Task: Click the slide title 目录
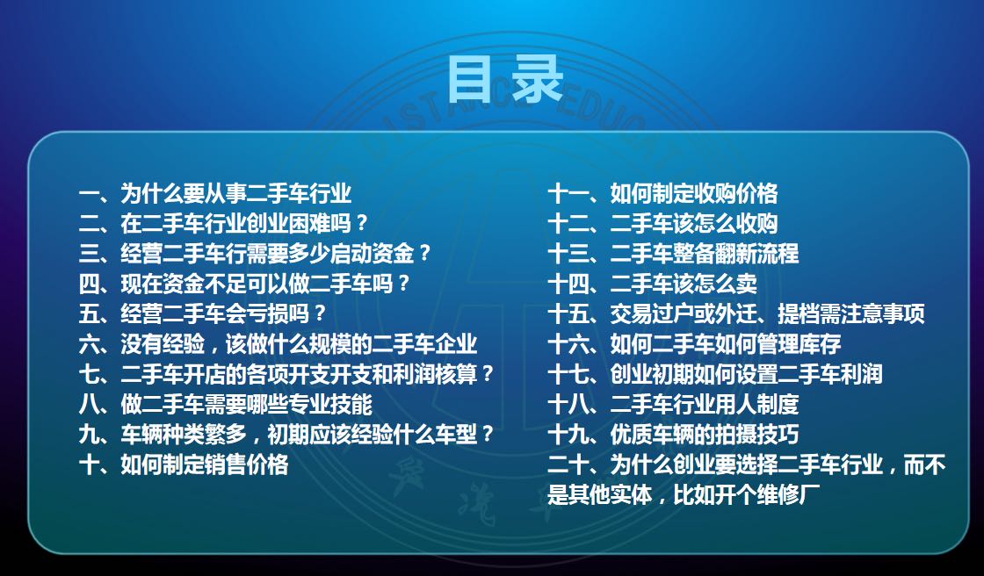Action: pos(504,79)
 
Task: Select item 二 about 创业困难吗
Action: pos(223,223)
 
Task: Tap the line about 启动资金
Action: pos(255,254)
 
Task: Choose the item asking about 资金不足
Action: pos(244,284)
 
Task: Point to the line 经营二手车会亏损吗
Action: pos(203,313)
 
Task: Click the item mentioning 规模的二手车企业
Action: pos(278,344)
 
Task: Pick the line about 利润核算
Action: pos(286,374)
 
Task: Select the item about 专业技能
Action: pos(226,404)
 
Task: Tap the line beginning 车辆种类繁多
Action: pos(286,435)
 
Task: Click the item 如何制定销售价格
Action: pos(184,464)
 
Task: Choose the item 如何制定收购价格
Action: pos(662,193)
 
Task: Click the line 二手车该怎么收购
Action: pos(662,223)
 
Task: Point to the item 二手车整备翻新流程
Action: pos(673,254)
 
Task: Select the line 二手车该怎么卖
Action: pos(653,284)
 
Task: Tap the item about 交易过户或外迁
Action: pos(736,313)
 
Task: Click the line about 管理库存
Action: pos(694,344)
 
